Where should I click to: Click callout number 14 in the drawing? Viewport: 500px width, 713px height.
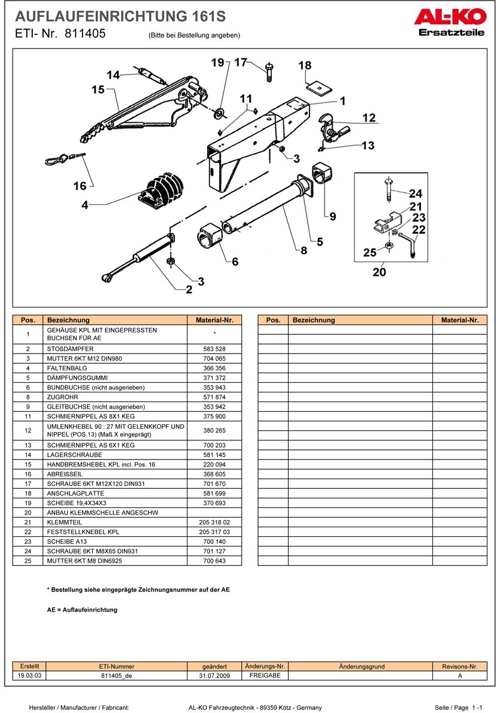pyautogui.click(x=113, y=75)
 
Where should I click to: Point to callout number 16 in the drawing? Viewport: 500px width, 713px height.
pyautogui.click(x=80, y=186)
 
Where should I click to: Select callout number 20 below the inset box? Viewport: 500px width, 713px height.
pyautogui.click(x=380, y=272)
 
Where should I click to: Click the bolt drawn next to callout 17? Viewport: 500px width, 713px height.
pyautogui.click(x=269, y=72)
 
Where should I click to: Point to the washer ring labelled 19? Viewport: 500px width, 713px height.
pyautogui.click(x=219, y=111)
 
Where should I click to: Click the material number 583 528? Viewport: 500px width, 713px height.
pyautogui.click(x=214, y=349)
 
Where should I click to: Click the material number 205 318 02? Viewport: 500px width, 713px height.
pyautogui.click(x=214, y=522)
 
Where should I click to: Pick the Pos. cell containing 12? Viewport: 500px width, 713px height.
pyautogui.click(x=28, y=430)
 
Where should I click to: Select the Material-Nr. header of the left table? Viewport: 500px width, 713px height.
pyautogui.click(x=214, y=320)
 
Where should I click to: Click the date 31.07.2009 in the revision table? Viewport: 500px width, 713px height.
pyautogui.click(x=214, y=675)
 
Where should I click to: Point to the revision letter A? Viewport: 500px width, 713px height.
pyautogui.click(x=459, y=675)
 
